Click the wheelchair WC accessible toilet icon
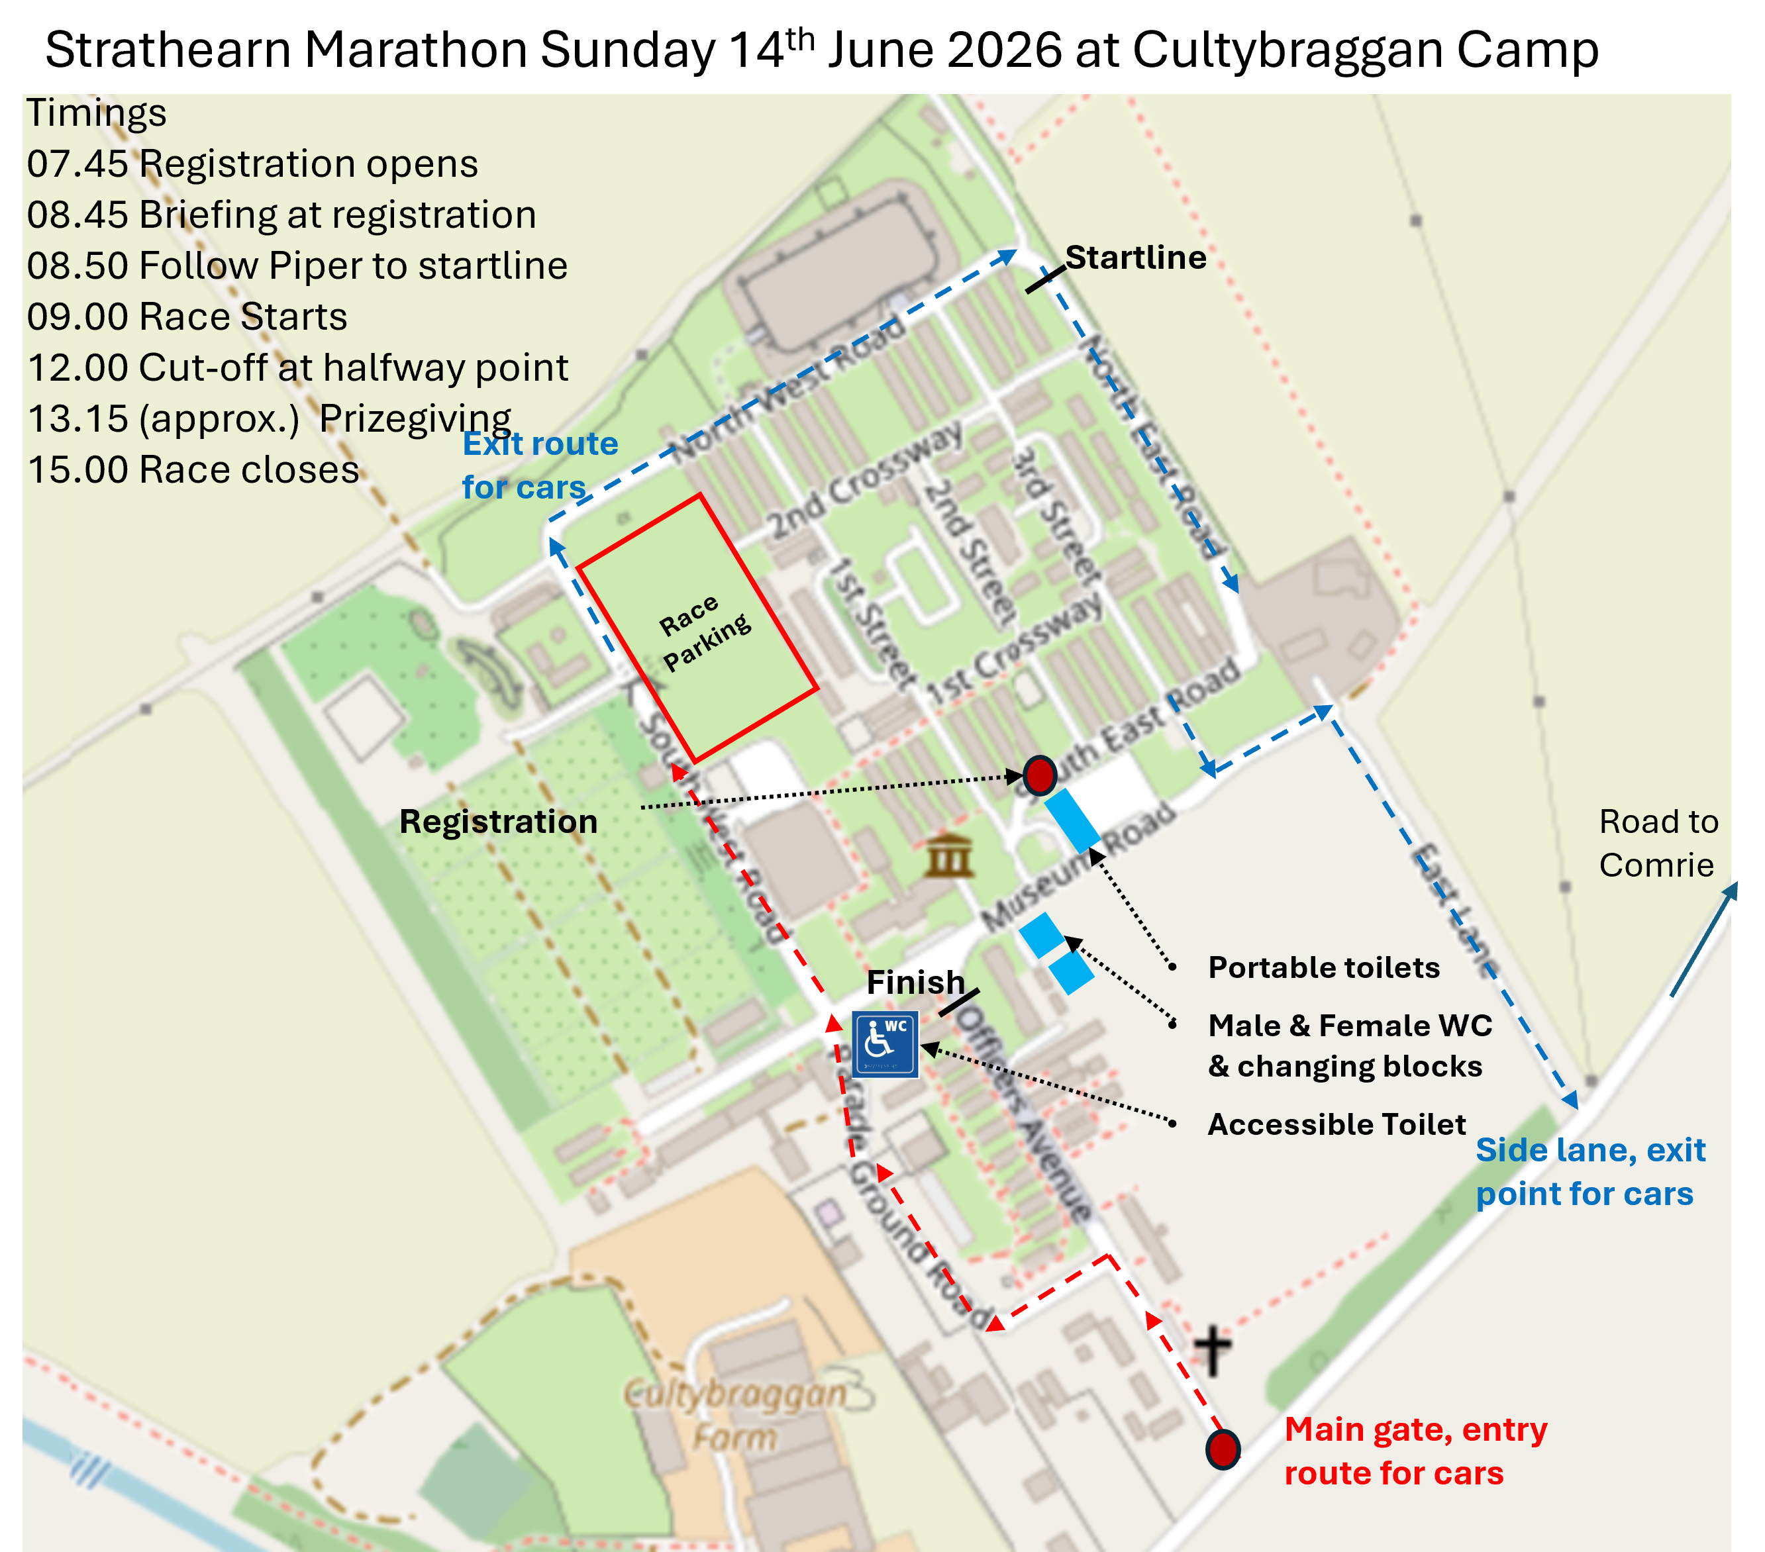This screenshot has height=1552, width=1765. pos(884,1043)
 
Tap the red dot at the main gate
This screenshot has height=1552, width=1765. pos(1223,1449)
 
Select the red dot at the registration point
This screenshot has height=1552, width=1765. pos(1040,774)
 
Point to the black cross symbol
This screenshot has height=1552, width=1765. pos(1213,1350)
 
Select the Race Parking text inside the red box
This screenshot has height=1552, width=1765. pos(704,630)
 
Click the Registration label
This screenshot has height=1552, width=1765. pos(498,821)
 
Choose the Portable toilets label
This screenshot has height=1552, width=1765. pos(1323,967)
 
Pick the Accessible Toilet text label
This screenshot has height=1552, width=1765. pos(1336,1124)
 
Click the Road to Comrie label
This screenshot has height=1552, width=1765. pos(1657,842)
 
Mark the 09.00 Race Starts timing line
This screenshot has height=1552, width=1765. pos(187,316)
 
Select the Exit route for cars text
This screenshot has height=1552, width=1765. pos(540,465)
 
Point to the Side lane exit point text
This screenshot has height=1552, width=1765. pos(1589,1171)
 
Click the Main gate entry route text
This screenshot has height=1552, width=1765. pos(1415,1451)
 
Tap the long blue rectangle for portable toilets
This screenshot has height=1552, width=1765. pos(1072,819)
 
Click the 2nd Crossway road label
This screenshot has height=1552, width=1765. pos(864,480)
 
